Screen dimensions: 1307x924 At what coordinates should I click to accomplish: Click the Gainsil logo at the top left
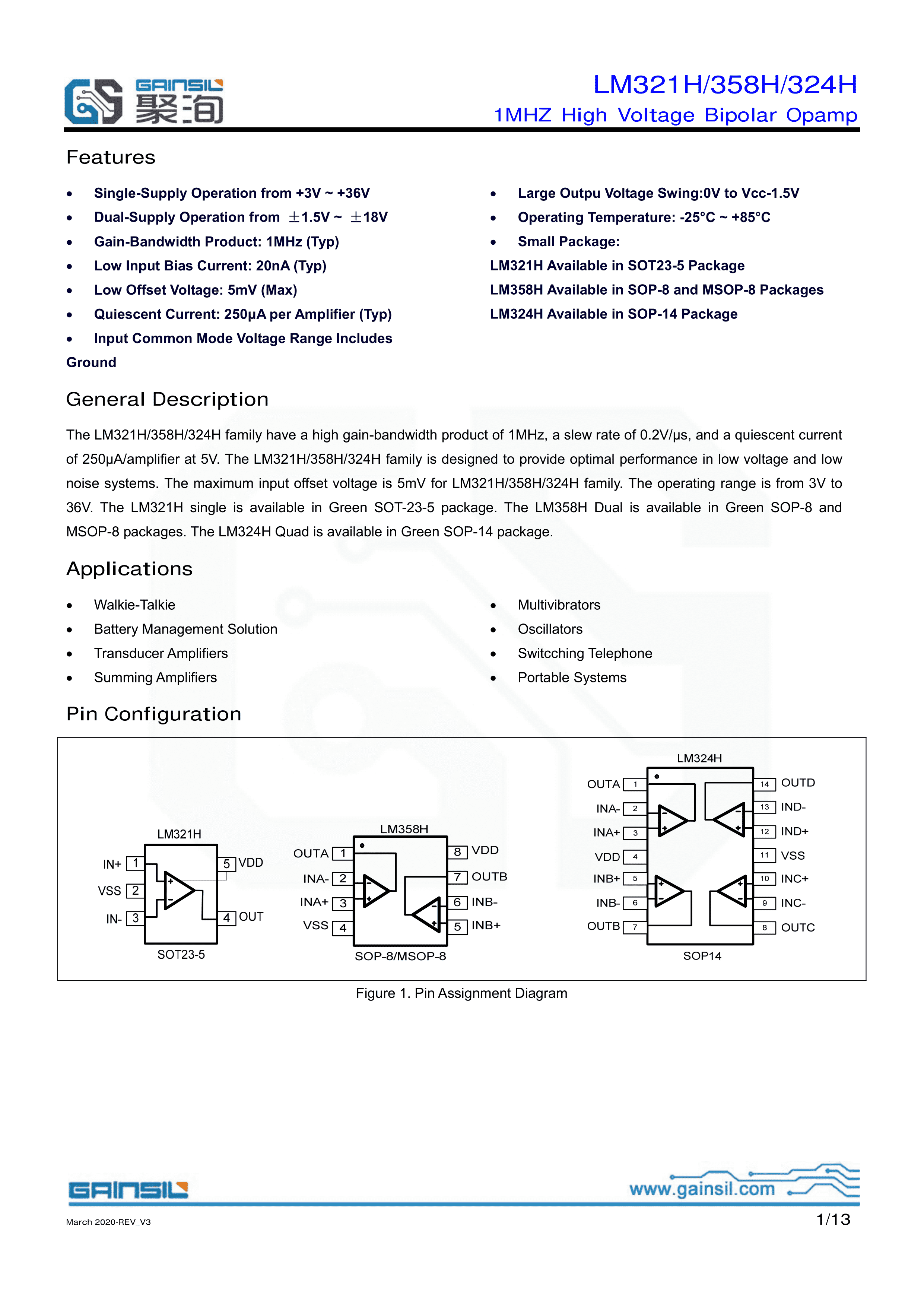143,101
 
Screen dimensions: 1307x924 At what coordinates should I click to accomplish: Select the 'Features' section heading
111,157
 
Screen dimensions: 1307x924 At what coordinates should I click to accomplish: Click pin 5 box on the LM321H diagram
226,863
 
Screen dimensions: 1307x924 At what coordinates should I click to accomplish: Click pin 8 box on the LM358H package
457,851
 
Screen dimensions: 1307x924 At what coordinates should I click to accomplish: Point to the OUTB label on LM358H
489,877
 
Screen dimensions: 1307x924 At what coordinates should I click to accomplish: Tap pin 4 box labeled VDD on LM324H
635,857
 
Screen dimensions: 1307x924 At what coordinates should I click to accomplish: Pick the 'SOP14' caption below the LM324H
702,956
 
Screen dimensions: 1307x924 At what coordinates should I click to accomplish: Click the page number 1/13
833,1219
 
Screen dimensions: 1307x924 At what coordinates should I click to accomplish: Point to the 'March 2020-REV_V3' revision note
108,1222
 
